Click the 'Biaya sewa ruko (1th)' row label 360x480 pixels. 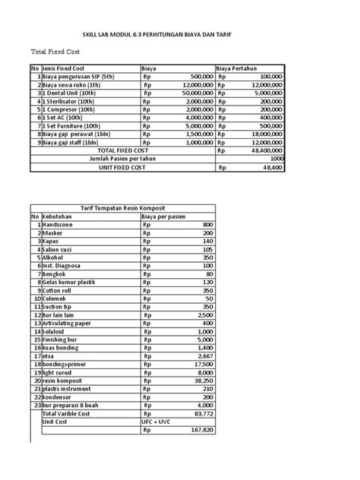tap(77, 84)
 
